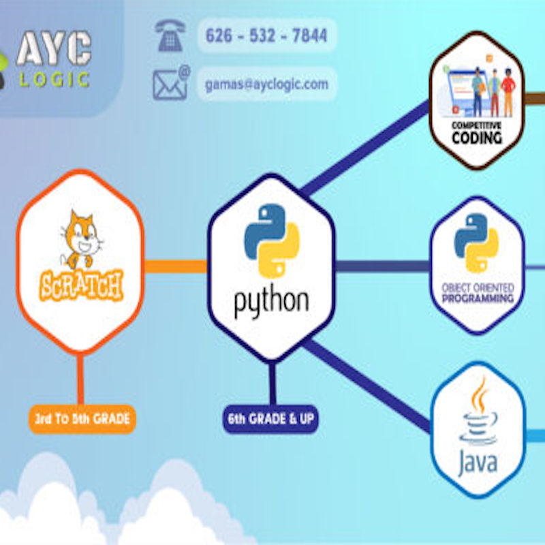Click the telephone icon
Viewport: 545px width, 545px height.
pyautogui.click(x=170, y=35)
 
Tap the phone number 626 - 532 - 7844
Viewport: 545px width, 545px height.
pyautogui.click(x=266, y=35)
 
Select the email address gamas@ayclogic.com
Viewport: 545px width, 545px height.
pyautogui.click(x=266, y=84)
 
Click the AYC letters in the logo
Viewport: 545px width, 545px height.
pyautogui.click(x=53, y=49)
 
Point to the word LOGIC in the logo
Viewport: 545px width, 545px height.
pyautogui.click(x=54, y=80)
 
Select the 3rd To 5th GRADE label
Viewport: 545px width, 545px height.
pyautogui.click(x=82, y=419)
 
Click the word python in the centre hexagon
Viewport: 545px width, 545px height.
pyautogui.click(x=271, y=300)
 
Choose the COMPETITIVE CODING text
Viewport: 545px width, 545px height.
pyautogui.click(x=477, y=133)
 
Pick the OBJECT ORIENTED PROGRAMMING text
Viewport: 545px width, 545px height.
pyautogui.click(x=477, y=293)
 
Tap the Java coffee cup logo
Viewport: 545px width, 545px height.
pyautogui.click(x=478, y=412)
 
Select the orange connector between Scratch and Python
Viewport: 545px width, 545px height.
pyautogui.click(x=175, y=266)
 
